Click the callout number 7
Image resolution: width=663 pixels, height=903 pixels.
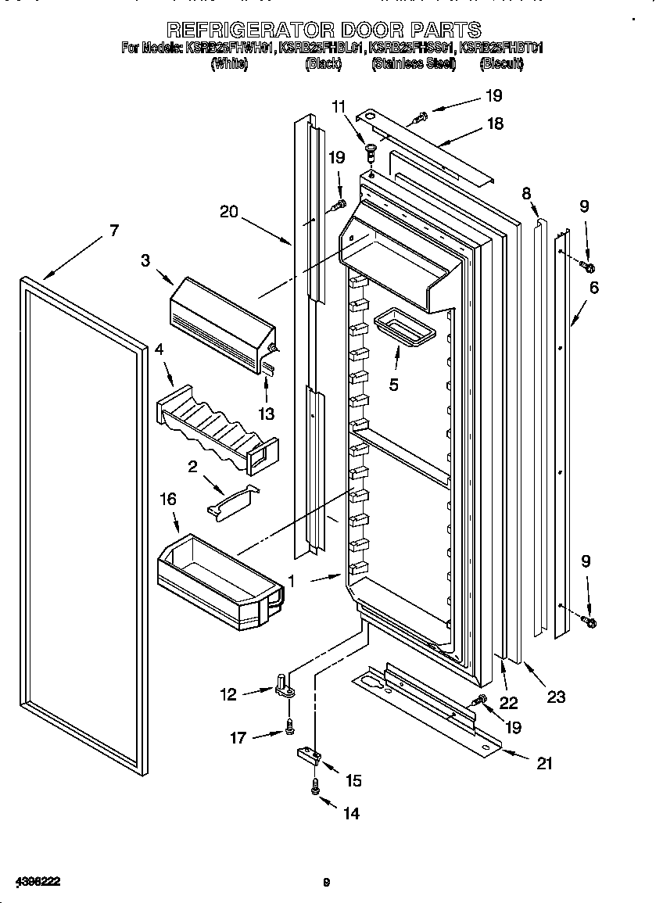tap(114, 230)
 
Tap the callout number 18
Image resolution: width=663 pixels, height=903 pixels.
tap(494, 123)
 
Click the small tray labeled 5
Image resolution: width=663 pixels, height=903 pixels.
tap(403, 329)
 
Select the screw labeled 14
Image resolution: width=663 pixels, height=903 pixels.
tap(315, 790)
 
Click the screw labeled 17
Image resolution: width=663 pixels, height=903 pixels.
tap(290, 727)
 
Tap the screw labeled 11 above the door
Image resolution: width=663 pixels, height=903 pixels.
tap(371, 150)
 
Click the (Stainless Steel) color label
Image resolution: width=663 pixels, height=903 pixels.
tap(414, 64)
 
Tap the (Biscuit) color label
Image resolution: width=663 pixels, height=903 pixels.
tap(500, 64)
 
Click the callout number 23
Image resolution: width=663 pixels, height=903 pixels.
tap(556, 697)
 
